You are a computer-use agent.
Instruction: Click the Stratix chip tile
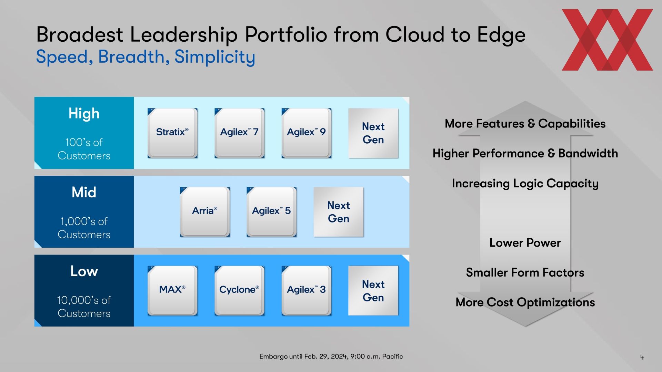172,133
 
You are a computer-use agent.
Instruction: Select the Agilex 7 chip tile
239,133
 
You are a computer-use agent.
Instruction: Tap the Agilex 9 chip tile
306,133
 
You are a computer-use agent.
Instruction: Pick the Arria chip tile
205,212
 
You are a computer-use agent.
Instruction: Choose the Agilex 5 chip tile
271,212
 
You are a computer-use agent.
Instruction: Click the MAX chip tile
172,291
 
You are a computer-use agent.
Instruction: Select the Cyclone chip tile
239,291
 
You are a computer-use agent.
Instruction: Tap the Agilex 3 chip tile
306,291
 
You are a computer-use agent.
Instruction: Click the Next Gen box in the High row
373,133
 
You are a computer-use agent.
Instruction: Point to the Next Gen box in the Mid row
339,212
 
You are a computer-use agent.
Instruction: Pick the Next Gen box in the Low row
373,291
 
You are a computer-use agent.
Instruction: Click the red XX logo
607,40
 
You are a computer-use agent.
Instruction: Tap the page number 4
642,358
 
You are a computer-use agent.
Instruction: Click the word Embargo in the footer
273,356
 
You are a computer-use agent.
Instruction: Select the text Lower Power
525,243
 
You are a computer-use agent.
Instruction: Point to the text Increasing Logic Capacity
525,184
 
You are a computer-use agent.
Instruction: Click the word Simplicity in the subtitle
215,57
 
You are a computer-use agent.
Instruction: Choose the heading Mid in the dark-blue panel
84,192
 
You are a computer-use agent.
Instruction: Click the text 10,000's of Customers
84,307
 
